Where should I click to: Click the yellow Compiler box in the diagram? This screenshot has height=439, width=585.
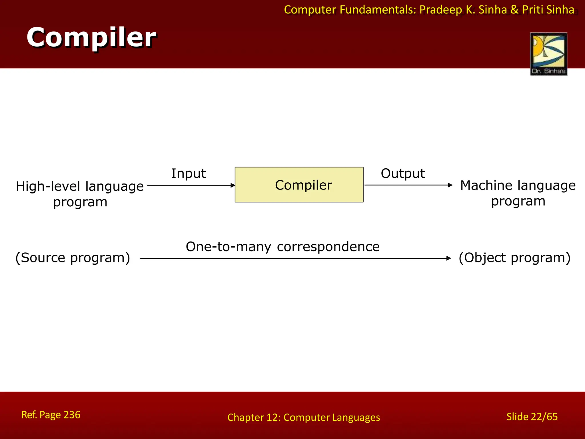(299, 185)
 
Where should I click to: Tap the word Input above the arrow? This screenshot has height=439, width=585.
(189, 173)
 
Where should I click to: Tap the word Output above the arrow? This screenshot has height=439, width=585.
(403, 173)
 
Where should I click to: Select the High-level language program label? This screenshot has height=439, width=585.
(80, 194)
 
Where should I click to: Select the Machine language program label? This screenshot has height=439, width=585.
(518, 193)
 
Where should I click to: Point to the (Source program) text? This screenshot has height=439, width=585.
(73, 258)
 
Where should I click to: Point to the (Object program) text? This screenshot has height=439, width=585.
(514, 258)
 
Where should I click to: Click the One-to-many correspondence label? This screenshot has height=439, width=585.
(283, 247)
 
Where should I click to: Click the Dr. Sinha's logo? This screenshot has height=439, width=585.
(548, 54)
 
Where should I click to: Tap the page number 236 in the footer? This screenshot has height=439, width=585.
(72, 415)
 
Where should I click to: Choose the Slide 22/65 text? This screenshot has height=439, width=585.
(532, 417)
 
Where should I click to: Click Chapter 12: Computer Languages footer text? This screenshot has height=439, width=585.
(304, 418)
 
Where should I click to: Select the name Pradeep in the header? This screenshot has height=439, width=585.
(440, 10)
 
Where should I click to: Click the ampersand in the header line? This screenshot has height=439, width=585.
(514, 10)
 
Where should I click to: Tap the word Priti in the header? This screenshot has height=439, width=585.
(532, 10)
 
